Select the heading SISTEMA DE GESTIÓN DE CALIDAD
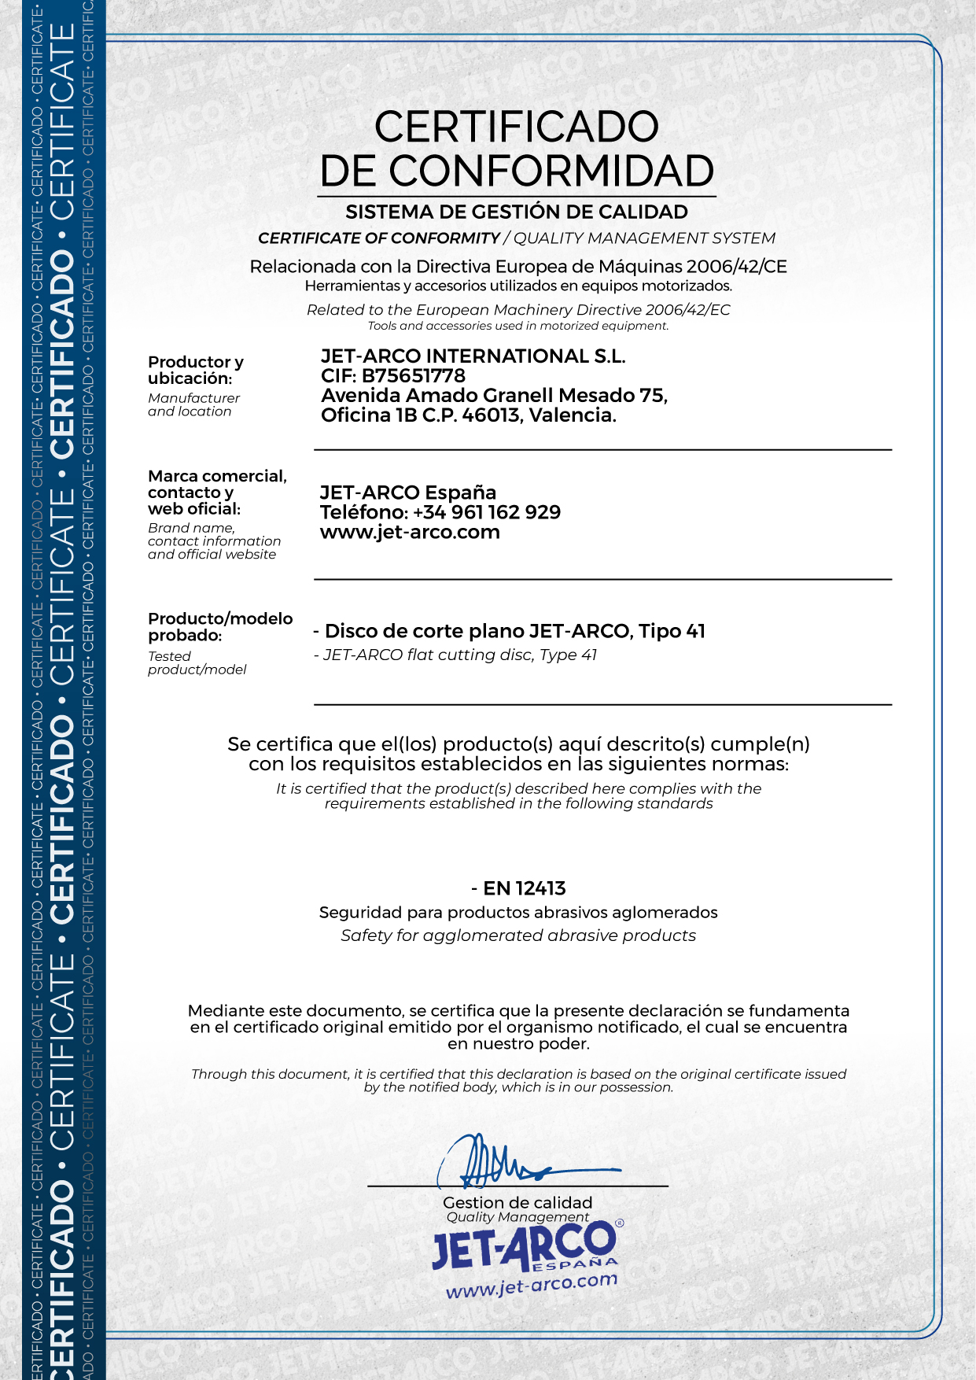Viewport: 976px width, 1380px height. pos(517,212)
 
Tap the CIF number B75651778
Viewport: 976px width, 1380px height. pos(414,376)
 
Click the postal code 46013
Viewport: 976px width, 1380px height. pos(491,415)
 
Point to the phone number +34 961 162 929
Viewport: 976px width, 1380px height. pos(487,512)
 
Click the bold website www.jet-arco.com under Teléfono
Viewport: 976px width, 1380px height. pos(410,533)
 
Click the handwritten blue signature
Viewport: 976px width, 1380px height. pos(503,1161)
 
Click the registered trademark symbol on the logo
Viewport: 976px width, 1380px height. pos(620,1223)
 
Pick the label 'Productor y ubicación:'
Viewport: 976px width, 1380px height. pos(195,370)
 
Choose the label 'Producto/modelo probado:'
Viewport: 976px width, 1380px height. pos(219,626)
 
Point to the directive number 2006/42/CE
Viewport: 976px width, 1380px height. pos(736,267)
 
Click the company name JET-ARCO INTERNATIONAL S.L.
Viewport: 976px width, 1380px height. pos(473,356)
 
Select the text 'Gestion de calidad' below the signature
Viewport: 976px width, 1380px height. pos(517,1202)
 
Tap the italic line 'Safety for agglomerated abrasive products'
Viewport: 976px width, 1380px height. pos(518,935)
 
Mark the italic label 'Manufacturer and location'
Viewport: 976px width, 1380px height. pos(193,404)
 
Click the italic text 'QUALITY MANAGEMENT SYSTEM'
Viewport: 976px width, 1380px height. pos(644,238)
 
